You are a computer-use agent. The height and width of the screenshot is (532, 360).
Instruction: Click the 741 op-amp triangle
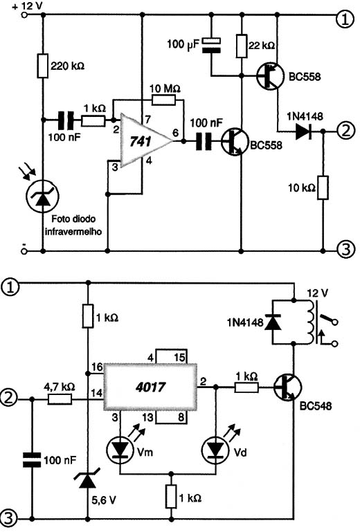click(x=143, y=141)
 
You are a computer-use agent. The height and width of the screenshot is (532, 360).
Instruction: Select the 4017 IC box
click(x=150, y=387)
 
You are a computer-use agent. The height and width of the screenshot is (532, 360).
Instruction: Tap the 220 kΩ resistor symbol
click(x=43, y=65)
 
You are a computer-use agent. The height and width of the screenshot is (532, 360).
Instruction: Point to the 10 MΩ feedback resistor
click(x=163, y=100)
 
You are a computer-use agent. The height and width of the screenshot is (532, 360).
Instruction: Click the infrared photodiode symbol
click(x=43, y=196)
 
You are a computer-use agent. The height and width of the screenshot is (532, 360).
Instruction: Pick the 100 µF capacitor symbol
click(x=211, y=46)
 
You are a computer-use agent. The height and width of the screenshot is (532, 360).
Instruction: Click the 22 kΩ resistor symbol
click(x=242, y=46)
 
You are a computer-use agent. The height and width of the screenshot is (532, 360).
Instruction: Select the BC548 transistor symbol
click(x=288, y=387)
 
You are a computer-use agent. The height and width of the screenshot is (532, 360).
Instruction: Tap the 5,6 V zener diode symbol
click(x=88, y=479)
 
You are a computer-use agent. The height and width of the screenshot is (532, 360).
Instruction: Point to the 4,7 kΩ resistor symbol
click(x=60, y=399)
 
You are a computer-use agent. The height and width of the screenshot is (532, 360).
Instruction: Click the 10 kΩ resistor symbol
click(x=323, y=187)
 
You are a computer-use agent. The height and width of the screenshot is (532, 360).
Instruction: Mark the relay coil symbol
click(x=311, y=322)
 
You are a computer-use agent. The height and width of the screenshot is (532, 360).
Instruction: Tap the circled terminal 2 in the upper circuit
click(x=345, y=131)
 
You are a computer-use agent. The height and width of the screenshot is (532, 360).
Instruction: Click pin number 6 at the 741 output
click(x=175, y=133)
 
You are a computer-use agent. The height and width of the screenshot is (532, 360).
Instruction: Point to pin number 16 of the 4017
click(x=97, y=367)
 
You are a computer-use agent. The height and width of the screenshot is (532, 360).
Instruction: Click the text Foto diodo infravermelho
click(x=73, y=226)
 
